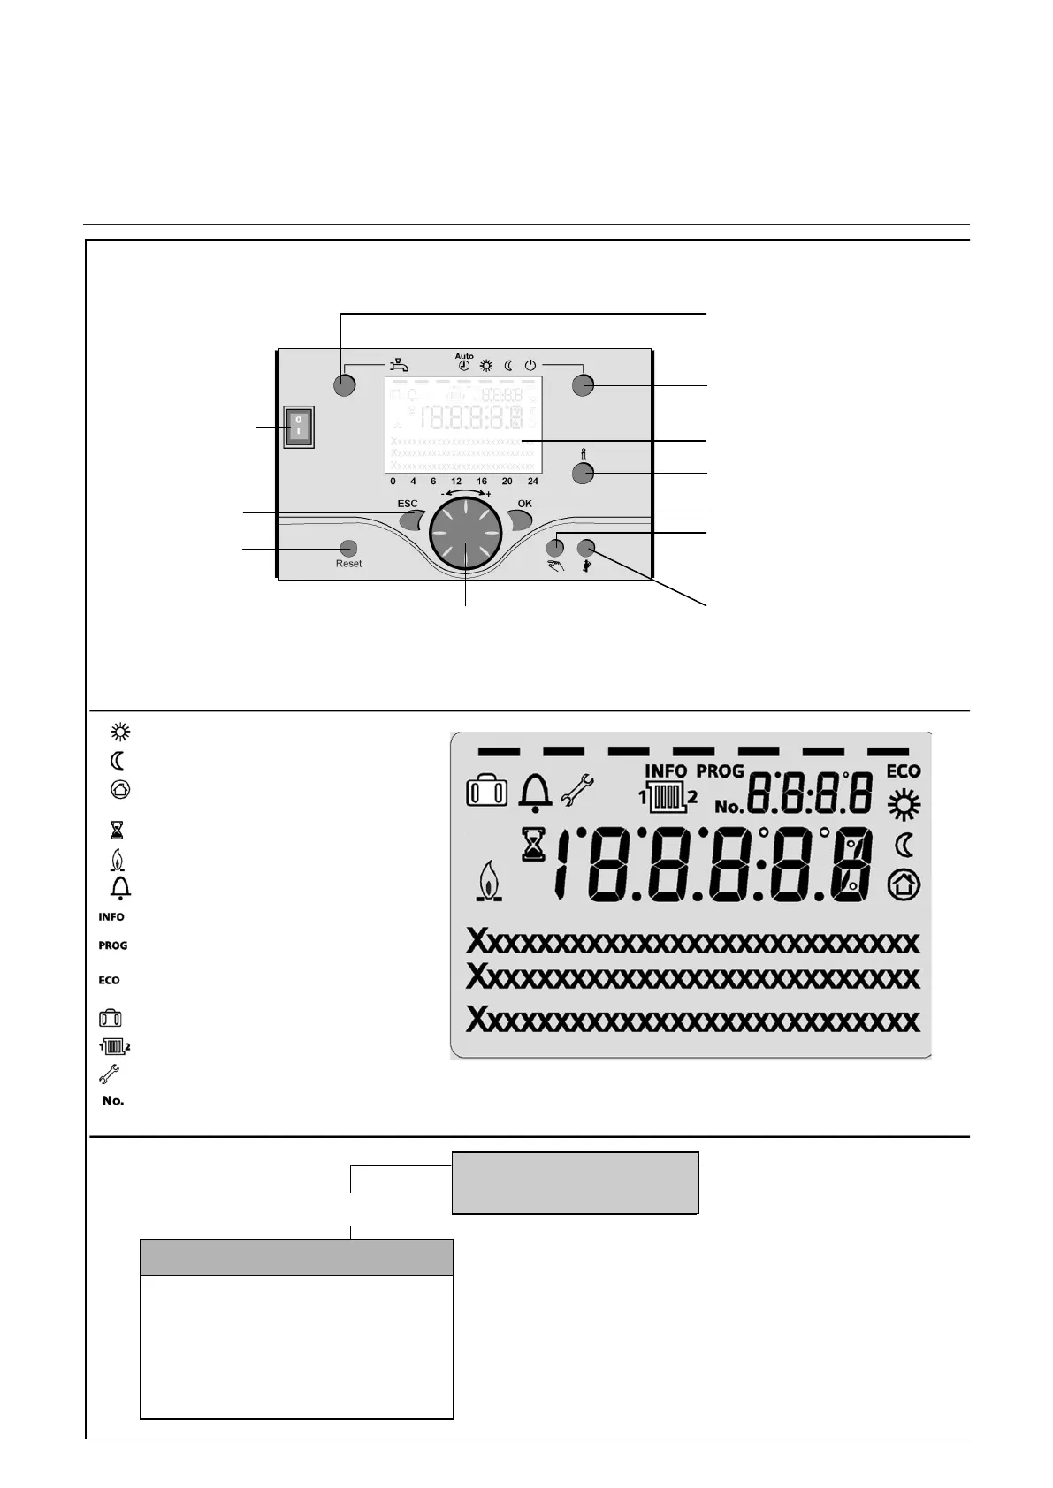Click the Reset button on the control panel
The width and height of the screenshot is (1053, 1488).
point(348,549)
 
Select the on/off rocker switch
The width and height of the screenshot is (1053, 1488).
point(299,426)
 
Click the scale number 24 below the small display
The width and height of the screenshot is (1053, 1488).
point(533,482)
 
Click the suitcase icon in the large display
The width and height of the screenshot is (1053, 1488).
point(486,791)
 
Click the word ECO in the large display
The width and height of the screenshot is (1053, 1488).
point(904,772)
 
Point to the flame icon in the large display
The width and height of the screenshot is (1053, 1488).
point(485,882)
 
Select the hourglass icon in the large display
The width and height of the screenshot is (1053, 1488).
point(533,845)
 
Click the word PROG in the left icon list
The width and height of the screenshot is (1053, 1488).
point(113,945)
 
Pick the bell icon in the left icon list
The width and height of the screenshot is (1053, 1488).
point(119,887)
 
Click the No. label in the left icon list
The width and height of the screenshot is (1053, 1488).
point(113,1100)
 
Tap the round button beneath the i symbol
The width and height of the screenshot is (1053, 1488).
point(582,474)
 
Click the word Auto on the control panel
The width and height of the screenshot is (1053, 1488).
point(464,356)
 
